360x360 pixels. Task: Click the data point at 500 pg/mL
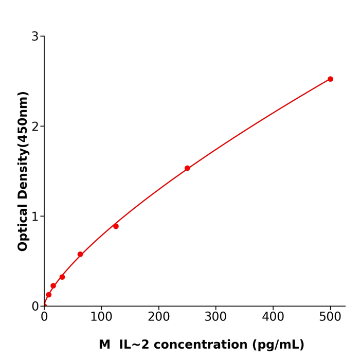(x=330, y=79)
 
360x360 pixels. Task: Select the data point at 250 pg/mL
(x=187, y=168)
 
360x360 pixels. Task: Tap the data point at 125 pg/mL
(x=116, y=226)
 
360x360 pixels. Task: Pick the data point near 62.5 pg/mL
(x=80, y=254)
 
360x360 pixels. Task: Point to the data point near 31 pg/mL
(x=62, y=277)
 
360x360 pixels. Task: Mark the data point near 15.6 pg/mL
(x=53, y=286)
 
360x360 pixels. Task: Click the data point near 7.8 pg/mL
(x=49, y=295)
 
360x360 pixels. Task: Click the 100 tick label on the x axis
(x=101, y=317)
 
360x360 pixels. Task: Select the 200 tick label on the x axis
(x=158, y=317)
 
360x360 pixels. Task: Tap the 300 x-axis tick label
(x=215, y=317)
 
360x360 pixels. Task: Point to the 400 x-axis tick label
(x=273, y=317)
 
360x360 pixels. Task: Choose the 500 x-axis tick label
(x=330, y=317)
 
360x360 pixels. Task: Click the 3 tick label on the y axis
(x=35, y=37)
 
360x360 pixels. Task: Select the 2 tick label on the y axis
(x=35, y=127)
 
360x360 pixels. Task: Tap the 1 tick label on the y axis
(x=35, y=217)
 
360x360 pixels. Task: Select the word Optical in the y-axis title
(x=23, y=227)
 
